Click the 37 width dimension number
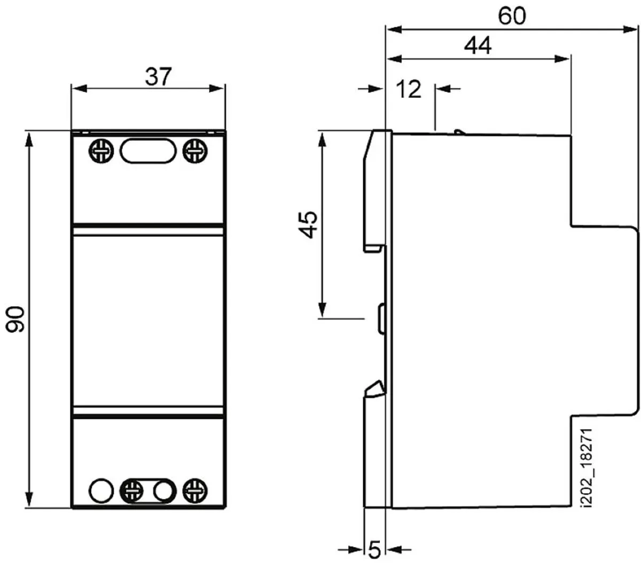click(158, 76)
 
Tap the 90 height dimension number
click(15, 319)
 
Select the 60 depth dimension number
click(512, 16)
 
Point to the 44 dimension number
click(478, 45)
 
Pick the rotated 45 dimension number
click(308, 225)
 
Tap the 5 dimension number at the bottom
click(374, 550)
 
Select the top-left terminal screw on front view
click(101, 151)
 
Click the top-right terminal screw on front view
click(195, 151)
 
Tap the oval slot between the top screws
click(148, 151)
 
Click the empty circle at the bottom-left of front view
click(101, 491)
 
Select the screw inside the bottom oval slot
click(131, 491)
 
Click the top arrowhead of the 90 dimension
click(29, 140)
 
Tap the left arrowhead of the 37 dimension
click(80, 89)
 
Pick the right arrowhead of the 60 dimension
click(629, 30)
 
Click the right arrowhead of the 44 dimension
click(562, 59)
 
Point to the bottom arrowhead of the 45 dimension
click(322, 310)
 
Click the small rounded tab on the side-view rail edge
click(382, 319)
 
